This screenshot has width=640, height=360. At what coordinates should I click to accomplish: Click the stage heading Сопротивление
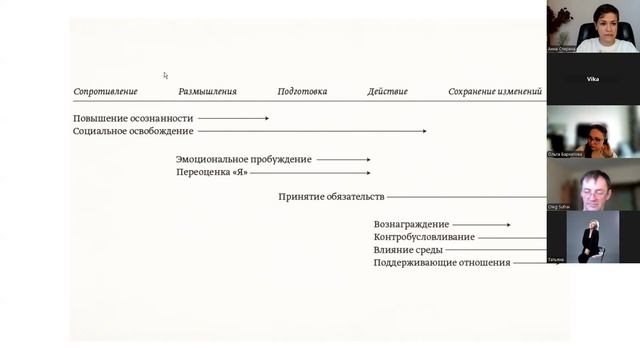coord(105,92)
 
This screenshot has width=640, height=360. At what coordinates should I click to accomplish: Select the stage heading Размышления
coord(207,92)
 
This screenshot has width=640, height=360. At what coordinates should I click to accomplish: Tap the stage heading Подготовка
coord(302,92)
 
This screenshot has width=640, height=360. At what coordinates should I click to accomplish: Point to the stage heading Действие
coord(387,92)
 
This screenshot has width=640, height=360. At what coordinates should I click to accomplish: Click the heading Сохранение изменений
coord(495,92)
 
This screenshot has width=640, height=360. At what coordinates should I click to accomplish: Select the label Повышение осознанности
coord(133,119)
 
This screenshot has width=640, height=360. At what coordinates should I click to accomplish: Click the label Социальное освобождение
coord(133,131)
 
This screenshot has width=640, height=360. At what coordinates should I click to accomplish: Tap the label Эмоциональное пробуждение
coord(244,159)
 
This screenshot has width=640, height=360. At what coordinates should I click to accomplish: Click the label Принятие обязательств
coord(331,197)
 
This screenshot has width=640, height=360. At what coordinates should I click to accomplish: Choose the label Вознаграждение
coord(411,225)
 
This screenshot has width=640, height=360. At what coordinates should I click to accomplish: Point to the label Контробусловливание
coord(424,237)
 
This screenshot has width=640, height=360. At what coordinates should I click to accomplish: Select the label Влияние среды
coord(408,250)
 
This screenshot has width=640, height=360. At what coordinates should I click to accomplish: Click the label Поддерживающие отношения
coord(441,263)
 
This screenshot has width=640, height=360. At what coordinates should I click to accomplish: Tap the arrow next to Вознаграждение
coord(482,225)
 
